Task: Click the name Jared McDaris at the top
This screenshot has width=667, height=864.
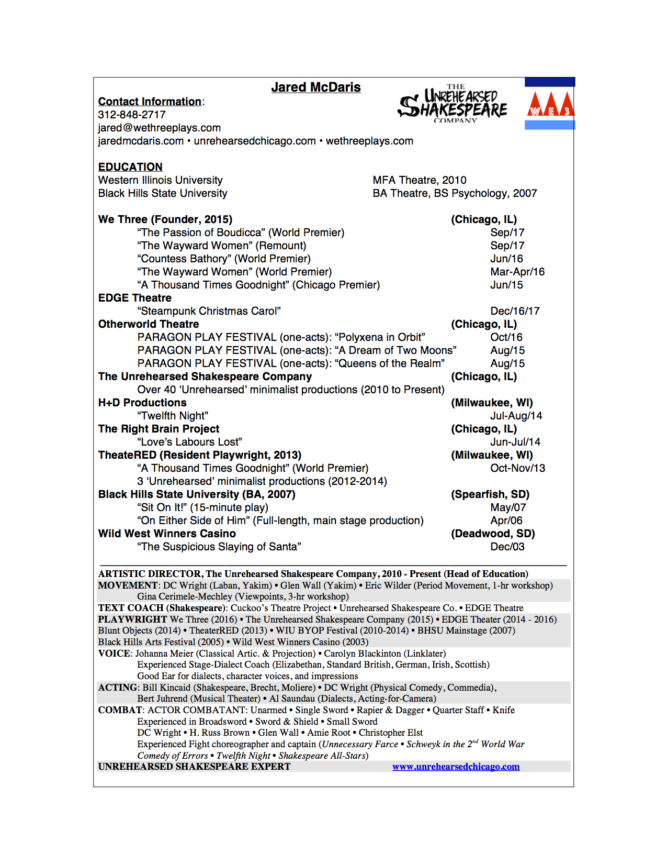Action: tap(315, 87)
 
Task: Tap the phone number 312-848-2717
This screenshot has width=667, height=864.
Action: tap(132, 115)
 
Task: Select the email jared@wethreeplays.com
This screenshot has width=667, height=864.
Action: tap(159, 128)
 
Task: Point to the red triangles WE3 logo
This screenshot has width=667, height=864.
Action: tap(550, 104)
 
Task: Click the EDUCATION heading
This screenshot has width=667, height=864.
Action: tap(130, 167)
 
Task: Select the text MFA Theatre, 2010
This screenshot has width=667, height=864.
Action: tap(419, 180)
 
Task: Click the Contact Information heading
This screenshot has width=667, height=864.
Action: tap(150, 102)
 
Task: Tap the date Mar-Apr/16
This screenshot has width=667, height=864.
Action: tap(517, 272)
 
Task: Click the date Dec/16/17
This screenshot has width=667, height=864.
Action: tap(514, 311)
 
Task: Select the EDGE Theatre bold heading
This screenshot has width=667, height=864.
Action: tap(134, 298)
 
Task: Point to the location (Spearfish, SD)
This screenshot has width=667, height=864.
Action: tap(490, 494)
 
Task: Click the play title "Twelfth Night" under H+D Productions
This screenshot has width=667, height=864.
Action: tap(173, 416)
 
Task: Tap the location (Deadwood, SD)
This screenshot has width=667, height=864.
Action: tap(492, 534)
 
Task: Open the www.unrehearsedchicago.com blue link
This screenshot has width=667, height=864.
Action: tap(456, 767)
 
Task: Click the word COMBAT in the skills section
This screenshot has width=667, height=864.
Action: tap(120, 710)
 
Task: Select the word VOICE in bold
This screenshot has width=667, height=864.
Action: tap(114, 653)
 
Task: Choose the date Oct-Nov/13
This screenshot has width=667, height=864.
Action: tap(517, 468)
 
